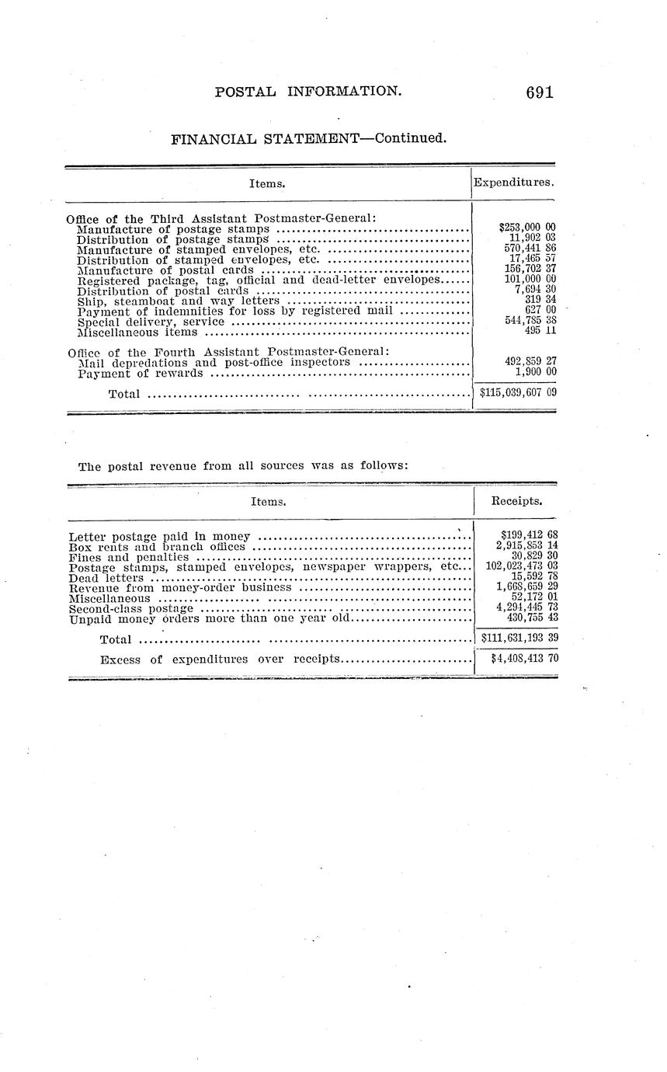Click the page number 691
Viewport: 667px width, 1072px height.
[539, 92]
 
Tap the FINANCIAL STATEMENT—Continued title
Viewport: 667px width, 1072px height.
[309, 139]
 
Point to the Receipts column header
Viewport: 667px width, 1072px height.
[516, 501]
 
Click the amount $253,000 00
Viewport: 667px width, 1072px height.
[526, 228]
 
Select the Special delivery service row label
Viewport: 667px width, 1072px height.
[151, 322]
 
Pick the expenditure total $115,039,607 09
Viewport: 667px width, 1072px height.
[518, 393]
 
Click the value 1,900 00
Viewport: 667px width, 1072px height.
[535, 373]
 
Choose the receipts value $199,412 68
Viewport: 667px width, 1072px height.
[529, 534]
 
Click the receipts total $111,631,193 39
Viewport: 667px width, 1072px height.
[519, 638]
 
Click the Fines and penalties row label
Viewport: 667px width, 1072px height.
[128, 557]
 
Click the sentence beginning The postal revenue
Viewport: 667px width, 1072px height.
[243, 466]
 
